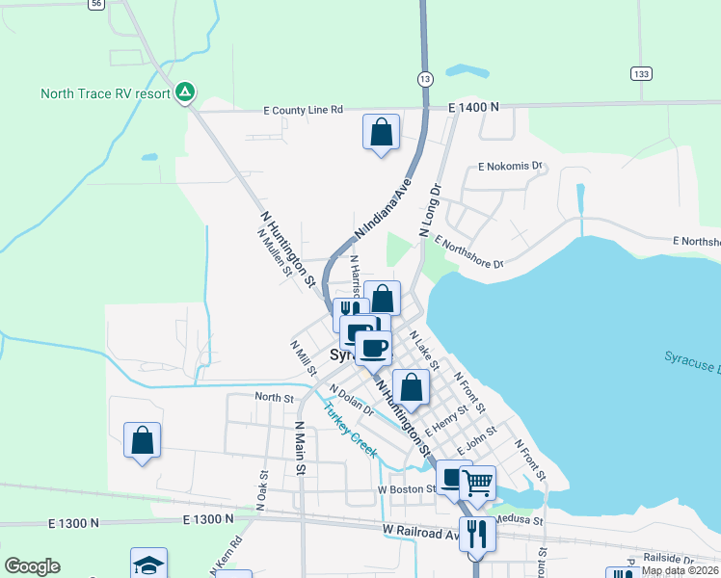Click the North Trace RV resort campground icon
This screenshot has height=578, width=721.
186,93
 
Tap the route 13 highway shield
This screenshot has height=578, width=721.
425,76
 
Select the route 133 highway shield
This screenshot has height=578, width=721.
640,73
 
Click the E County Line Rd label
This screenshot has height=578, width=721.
304,111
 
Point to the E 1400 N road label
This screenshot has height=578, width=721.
473,107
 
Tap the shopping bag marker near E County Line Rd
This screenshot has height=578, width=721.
381,132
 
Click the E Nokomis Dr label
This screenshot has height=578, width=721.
511,167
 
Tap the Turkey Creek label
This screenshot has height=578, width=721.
349,429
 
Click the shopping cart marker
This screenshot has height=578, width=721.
477,483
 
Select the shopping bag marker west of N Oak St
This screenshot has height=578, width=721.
143,440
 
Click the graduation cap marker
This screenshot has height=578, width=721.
149,565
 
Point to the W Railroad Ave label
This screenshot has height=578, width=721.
421,531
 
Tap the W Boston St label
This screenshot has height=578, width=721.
407,489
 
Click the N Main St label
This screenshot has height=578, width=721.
300,449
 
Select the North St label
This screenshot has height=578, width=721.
274,397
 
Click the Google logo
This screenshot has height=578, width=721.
32,566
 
